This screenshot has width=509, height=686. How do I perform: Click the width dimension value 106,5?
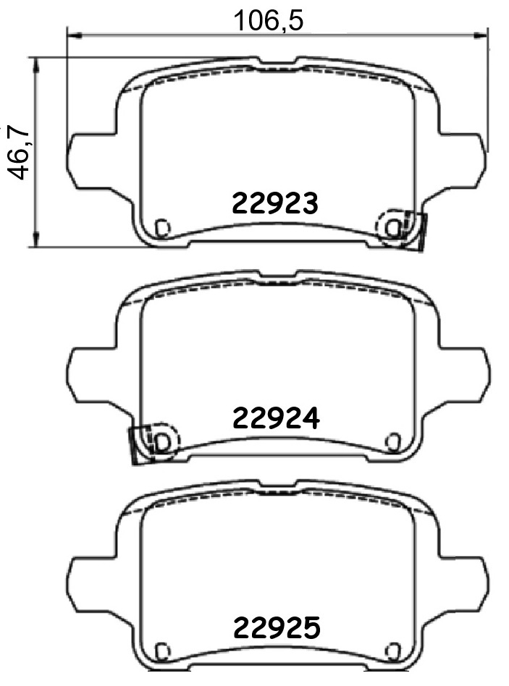269,20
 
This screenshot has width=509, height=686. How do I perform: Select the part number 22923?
275,203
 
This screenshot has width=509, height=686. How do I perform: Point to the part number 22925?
277,628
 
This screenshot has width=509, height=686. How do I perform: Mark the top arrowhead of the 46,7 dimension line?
37,64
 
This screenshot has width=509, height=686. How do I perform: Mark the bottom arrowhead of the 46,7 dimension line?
37,240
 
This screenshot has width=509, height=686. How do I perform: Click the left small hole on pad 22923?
162,227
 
